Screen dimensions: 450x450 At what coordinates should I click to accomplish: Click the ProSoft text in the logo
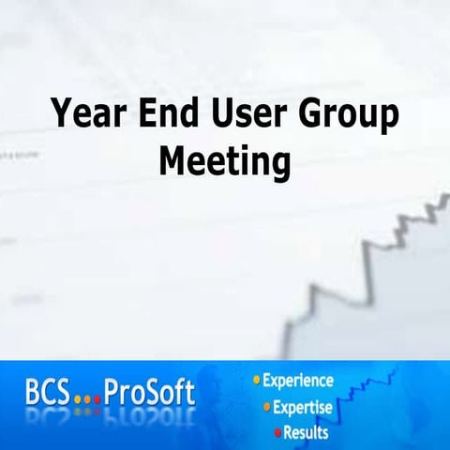click(150, 393)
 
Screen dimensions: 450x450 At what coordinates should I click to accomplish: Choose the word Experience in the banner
click(297, 382)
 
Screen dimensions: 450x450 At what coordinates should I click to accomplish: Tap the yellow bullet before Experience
click(255, 382)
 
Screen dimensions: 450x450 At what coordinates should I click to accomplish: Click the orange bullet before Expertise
click(266, 407)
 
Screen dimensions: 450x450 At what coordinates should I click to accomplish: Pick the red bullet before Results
click(277, 432)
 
